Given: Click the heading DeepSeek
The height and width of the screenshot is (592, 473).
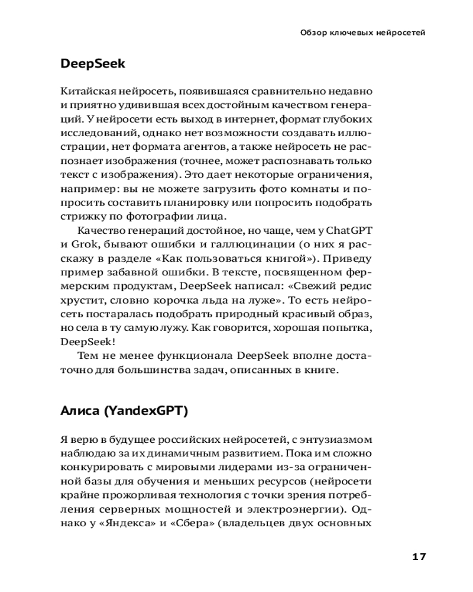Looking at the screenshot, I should click(x=93, y=64).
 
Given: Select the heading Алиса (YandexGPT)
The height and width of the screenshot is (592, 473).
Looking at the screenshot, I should click(x=124, y=411).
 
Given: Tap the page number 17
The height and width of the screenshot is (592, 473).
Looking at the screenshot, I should click(x=419, y=556).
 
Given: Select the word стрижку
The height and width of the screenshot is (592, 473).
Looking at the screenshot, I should click(x=80, y=216).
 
